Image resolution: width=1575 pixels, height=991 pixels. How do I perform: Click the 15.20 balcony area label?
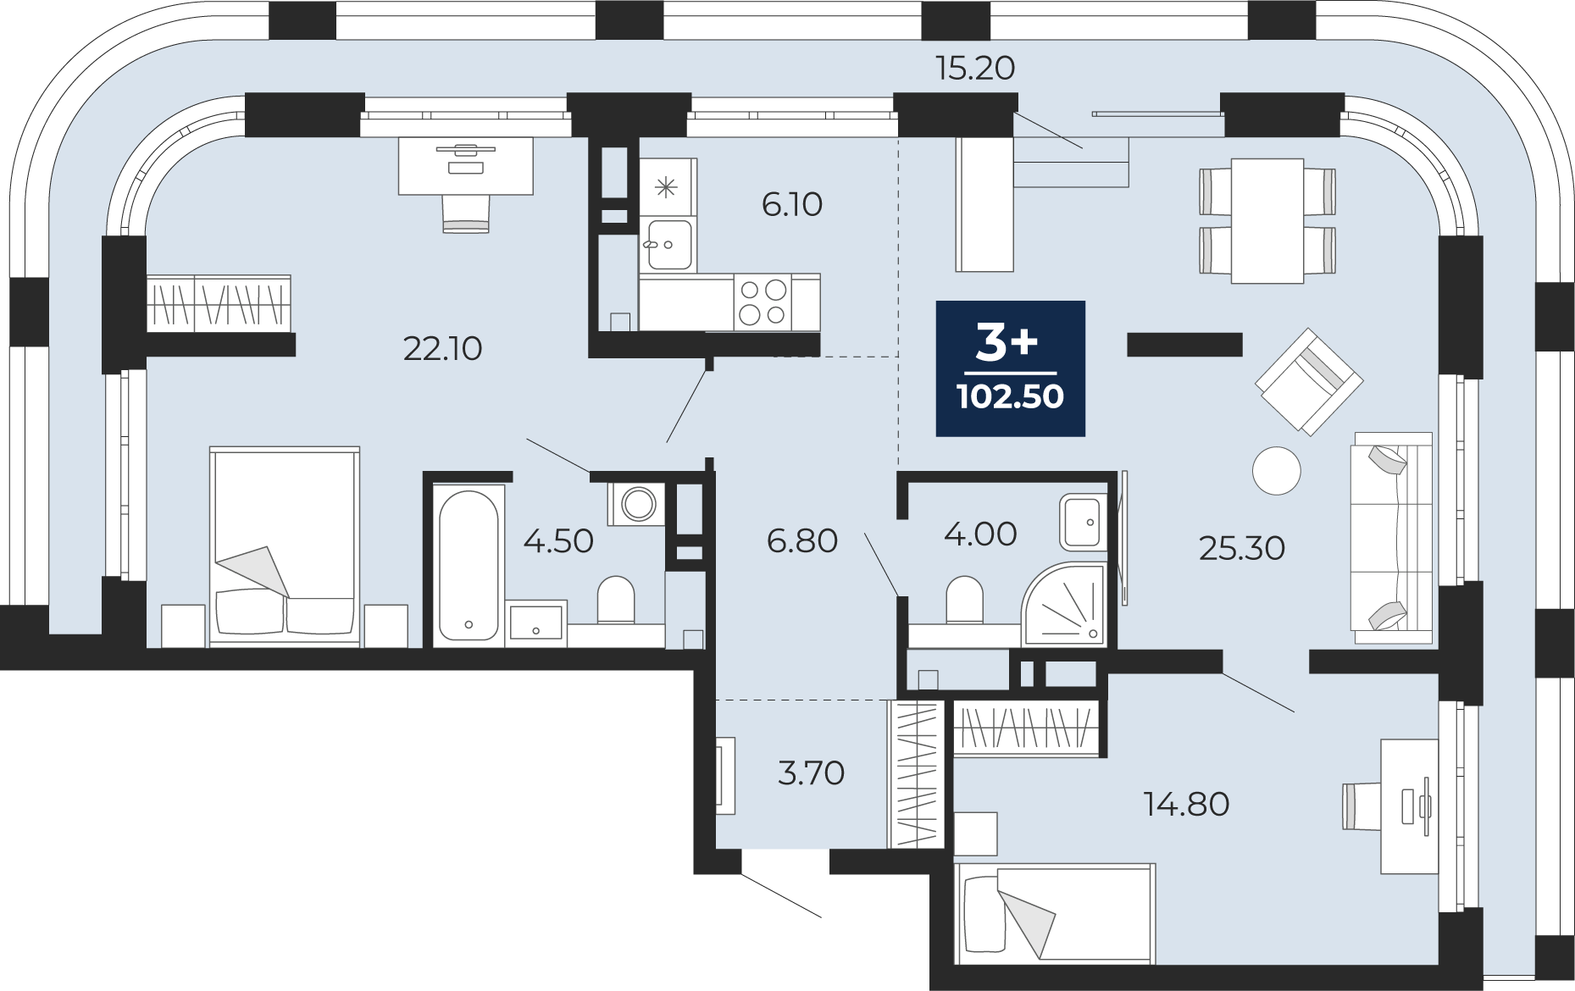click(975, 68)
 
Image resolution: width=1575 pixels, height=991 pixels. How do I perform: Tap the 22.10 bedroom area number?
click(442, 348)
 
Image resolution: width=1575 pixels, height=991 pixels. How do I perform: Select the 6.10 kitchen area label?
click(792, 204)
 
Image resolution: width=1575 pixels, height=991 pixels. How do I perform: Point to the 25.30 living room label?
click(1242, 548)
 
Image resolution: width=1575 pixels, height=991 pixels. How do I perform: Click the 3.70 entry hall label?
click(811, 772)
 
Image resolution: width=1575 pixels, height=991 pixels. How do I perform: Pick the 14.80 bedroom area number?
click(1186, 804)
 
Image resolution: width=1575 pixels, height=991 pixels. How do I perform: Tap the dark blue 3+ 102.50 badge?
click(1010, 368)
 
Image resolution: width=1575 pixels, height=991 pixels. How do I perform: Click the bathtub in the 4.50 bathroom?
click(469, 566)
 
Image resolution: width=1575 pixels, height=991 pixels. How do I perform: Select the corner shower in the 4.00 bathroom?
click(1063, 604)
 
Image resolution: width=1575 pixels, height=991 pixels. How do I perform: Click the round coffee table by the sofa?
click(1276, 470)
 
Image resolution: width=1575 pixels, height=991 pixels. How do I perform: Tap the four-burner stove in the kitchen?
click(763, 302)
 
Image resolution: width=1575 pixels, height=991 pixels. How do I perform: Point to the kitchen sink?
click(668, 245)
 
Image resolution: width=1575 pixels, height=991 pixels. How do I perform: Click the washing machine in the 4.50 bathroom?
click(636, 505)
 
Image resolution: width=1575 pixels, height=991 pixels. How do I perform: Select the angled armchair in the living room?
click(1309, 382)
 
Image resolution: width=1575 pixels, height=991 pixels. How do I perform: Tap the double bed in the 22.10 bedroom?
click(285, 546)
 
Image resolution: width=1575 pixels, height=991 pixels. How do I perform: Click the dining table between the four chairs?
click(1267, 221)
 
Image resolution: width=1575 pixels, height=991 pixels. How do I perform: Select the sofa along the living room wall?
click(1391, 538)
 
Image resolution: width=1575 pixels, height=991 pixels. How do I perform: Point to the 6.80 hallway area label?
click(802, 540)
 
